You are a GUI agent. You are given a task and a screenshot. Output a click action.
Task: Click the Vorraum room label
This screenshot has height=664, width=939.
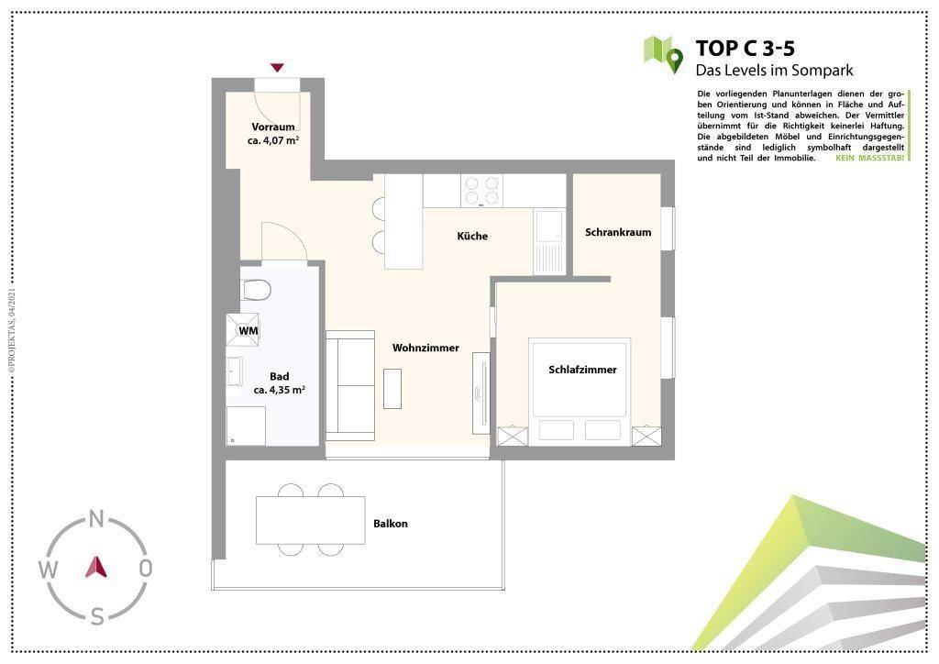point(273,127)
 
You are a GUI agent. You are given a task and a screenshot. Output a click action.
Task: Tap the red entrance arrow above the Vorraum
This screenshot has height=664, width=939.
point(277,68)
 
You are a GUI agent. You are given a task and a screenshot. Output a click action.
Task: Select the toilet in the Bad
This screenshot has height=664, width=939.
point(255,291)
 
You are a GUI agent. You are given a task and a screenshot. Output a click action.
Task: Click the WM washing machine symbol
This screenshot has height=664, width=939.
point(243,330)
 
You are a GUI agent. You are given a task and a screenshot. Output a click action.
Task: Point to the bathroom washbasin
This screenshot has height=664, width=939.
point(234,371)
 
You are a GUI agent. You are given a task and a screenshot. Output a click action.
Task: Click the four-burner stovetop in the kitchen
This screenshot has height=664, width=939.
point(482,191)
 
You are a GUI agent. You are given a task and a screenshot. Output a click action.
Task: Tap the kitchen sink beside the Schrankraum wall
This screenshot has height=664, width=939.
point(549,241)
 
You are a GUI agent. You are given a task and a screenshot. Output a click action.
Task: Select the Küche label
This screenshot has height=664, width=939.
point(472,236)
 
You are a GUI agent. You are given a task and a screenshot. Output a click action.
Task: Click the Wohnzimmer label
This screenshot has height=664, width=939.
point(425,348)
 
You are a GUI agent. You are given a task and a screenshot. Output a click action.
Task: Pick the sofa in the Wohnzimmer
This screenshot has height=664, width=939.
point(350,385)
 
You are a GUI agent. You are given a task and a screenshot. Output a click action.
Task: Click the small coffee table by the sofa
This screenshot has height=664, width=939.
point(392,389)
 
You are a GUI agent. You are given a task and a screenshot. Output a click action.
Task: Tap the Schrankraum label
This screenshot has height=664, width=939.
point(618,232)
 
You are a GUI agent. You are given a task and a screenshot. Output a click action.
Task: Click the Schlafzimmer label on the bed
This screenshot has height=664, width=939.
point(582,370)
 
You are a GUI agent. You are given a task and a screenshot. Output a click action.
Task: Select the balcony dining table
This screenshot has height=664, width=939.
point(310,520)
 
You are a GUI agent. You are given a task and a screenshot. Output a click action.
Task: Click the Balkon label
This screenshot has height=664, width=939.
point(391,524)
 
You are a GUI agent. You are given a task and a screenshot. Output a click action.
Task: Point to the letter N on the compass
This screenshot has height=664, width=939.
point(96,519)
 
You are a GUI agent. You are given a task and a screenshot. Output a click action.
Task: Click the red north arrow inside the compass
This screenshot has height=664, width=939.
point(96,567)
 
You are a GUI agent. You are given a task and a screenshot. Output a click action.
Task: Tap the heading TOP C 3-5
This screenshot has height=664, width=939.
point(745,48)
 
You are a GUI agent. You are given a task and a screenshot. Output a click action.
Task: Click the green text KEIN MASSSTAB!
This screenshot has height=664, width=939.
point(869,158)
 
